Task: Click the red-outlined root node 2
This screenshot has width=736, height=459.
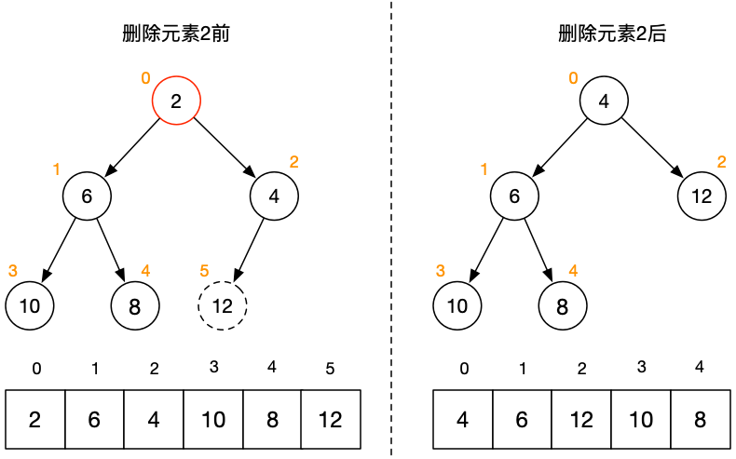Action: (x=177, y=101)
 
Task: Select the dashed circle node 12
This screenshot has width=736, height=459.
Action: (x=223, y=304)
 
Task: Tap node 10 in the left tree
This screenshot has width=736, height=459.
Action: (x=29, y=304)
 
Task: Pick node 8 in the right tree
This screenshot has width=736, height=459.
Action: (x=563, y=304)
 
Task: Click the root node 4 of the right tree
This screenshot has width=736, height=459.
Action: (x=605, y=101)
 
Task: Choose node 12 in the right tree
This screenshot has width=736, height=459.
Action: (x=702, y=196)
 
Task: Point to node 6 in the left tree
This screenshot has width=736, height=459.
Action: (x=87, y=196)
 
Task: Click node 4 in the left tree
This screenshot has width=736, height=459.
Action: (x=274, y=196)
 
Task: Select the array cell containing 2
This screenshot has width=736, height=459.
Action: (x=34, y=419)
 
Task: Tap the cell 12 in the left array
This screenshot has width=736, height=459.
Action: (x=331, y=419)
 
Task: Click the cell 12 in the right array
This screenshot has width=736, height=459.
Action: (x=581, y=419)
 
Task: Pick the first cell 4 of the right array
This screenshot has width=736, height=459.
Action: (x=463, y=419)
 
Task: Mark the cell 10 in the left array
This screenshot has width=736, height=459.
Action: (x=212, y=419)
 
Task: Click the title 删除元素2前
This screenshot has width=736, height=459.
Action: (x=176, y=34)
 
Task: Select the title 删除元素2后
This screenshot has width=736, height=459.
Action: (x=605, y=34)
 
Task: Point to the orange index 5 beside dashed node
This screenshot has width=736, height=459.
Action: (x=204, y=271)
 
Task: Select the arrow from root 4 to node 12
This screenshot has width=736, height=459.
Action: (x=653, y=148)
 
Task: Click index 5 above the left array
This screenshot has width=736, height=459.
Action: (x=331, y=369)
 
